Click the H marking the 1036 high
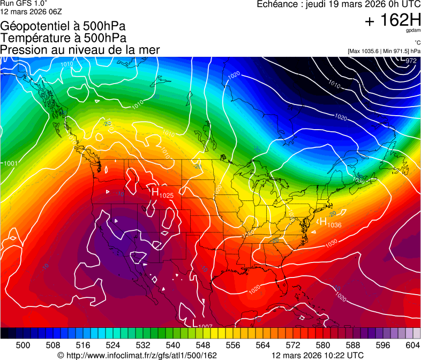[323, 221]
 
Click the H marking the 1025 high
[155, 191]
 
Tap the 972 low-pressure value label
[411, 61]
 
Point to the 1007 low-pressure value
[206, 326]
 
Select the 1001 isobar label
[11, 163]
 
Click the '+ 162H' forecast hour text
[392, 20]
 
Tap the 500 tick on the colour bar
[23, 345]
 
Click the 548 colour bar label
[203, 345]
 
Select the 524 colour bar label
[113, 345]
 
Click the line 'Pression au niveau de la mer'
[80, 50]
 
